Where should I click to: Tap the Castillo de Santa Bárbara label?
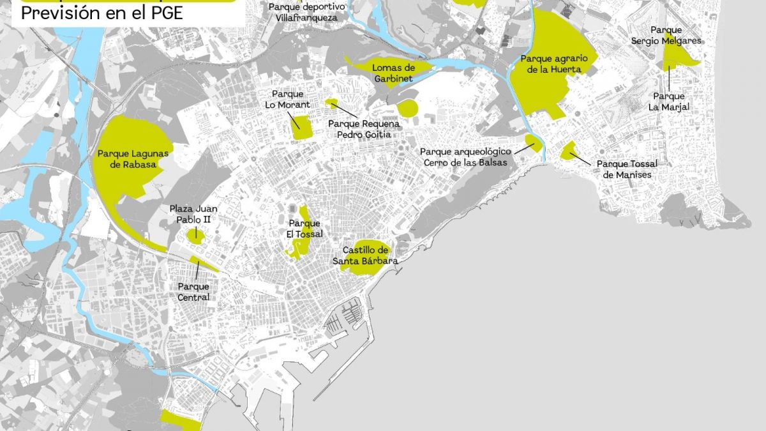[x=365, y=255]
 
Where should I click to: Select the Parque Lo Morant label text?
[x=288, y=100]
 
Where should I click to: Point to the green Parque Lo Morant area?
[x=301, y=128]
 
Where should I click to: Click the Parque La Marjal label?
[x=669, y=102]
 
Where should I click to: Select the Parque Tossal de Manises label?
[x=627, y=169]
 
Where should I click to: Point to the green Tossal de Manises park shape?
[x=567, y=151]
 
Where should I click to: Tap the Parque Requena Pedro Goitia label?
[x=363, y=129]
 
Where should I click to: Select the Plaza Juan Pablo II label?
[x=193, y=214]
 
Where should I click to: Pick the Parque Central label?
[x=193, y=292]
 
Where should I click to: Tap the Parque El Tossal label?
[x=304, y=229]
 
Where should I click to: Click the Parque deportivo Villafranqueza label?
[x=307, y=11]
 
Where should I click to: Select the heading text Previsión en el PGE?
[x=102, y=13]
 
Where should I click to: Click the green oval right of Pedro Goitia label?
[x=407, y=108]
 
